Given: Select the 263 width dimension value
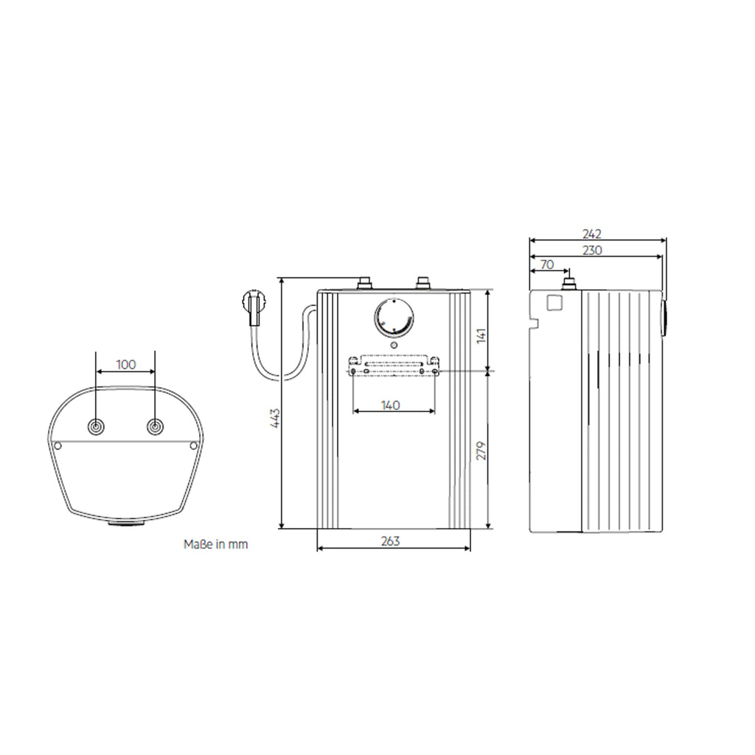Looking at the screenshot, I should point(391,541).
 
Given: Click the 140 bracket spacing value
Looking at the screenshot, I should point(391,405).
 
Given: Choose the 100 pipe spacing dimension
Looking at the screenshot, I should point(126,364).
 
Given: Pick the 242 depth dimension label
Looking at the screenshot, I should point(591,234).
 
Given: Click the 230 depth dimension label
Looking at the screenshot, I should point(591,250).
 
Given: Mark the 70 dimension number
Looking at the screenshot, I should point(547,264).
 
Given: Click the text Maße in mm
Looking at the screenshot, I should point(215,545).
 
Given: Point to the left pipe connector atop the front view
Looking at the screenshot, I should point(364,282).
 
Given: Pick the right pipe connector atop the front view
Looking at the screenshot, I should point(423,282).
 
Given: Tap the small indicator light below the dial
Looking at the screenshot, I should point(394,344).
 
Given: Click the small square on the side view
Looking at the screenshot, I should point(554,302).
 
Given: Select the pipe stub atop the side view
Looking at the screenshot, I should point(568,282).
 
